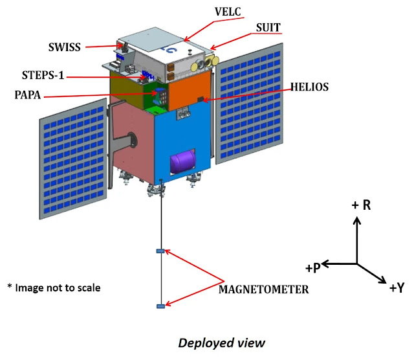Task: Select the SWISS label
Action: pos(65,47)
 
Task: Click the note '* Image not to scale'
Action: pos(54,287)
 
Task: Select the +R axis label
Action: pos(361,205)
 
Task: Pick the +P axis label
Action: pos(312,267)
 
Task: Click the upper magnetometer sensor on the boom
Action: pos(161,251)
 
